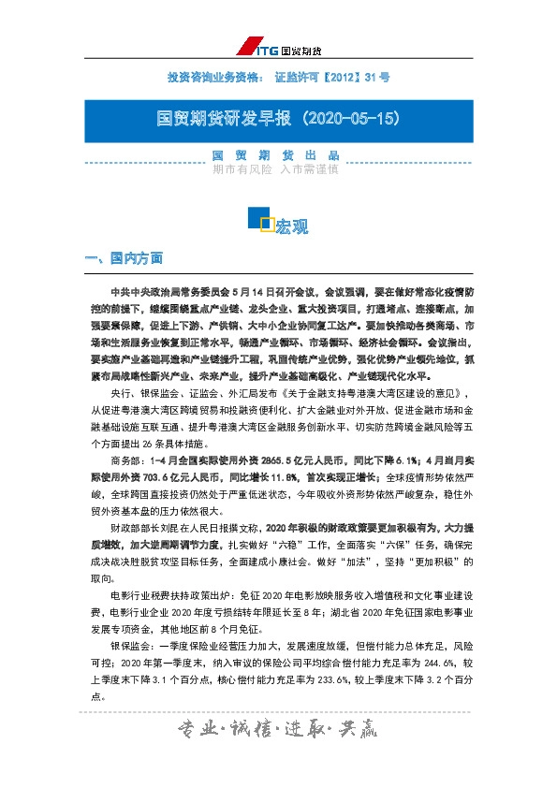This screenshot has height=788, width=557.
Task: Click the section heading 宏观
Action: pos(291,227)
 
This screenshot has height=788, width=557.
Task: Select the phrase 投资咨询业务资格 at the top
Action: pos(212,76)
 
